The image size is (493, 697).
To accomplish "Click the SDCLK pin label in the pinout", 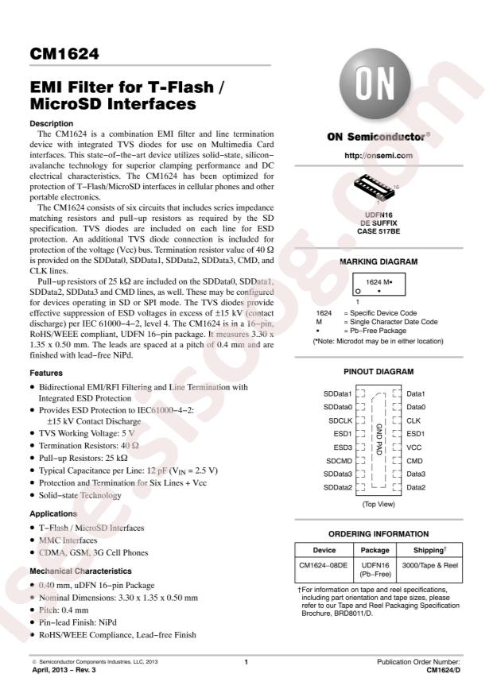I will click(x=337, y=420).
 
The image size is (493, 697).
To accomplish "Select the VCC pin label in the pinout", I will click(x=414, y=447).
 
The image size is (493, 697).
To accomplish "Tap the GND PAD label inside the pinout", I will click(x=379, y=440).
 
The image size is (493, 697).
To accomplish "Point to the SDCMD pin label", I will click(x=337, y=461).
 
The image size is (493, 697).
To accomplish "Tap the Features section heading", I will click(x=48, y=372).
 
